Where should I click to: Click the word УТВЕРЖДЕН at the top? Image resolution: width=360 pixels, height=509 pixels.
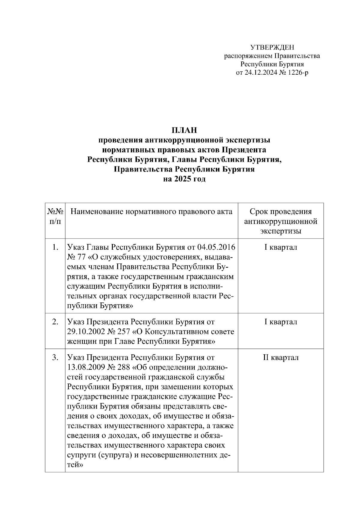[272, 47]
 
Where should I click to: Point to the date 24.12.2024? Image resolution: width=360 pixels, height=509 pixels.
[260, 73]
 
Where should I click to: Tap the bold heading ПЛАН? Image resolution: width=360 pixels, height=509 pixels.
[184, 130]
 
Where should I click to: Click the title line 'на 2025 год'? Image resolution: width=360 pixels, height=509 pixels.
[184, 179]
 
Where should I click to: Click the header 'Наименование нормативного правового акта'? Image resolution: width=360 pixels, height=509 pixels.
[151, 212]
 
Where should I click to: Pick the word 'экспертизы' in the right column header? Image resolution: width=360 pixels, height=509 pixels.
[281, 231]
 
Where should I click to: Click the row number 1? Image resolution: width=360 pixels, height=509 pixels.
[55, 247]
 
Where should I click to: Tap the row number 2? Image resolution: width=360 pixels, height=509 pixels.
[55, 322]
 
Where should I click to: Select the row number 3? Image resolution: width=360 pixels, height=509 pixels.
[55, 358]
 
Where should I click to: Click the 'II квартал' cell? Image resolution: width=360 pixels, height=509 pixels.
[281, 358]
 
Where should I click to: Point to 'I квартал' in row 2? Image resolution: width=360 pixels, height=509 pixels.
[281, 322]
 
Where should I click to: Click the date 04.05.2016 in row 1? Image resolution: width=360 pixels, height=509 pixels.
[216, 247]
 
